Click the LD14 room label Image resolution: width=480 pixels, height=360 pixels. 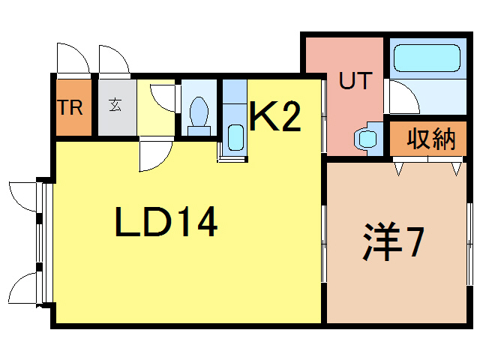tap(166, 222)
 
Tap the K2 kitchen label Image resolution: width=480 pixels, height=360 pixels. tap(274, 118)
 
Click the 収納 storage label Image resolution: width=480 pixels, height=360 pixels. tap(431, 139)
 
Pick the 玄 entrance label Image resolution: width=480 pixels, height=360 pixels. tap(116, 106)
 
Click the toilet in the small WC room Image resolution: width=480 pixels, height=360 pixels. tap(199, 115)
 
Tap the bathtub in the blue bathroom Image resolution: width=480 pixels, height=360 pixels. tap(426, 57)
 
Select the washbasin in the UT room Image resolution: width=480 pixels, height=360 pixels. tap(367, 138)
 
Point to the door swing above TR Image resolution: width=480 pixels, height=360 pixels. tap(68, 59)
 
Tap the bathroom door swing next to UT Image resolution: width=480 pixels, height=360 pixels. tap(399, 95)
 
